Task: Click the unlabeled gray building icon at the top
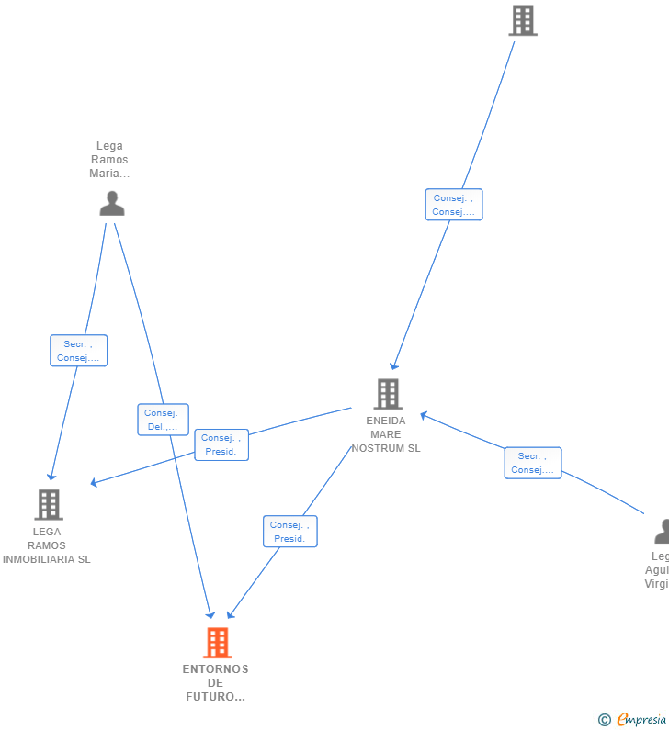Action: [523, 20]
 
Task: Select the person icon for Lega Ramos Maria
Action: [112, 203]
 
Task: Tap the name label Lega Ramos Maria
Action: [109, 160]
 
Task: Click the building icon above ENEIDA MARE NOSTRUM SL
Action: [388, 394]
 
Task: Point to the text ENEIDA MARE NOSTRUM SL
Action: [386, 434]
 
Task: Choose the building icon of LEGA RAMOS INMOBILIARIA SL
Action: [49, 504]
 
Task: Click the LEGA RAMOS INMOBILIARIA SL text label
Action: [47, 545]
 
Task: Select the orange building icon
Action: [217, 643]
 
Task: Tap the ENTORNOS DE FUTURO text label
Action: [215, 682]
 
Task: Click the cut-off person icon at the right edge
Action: [662, 531]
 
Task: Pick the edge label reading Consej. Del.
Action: [163, 420]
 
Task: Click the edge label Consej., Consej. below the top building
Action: [453, 205]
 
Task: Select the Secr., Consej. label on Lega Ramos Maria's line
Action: [78, 351]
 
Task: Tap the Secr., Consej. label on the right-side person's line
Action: [532, 463]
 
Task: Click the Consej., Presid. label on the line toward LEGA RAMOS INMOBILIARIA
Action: [221, 444]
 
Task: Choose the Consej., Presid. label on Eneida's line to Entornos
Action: [289, 532]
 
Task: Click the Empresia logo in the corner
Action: [641, 720]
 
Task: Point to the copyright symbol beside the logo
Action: [604, 720]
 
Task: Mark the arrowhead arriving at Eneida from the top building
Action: [393, 366]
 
